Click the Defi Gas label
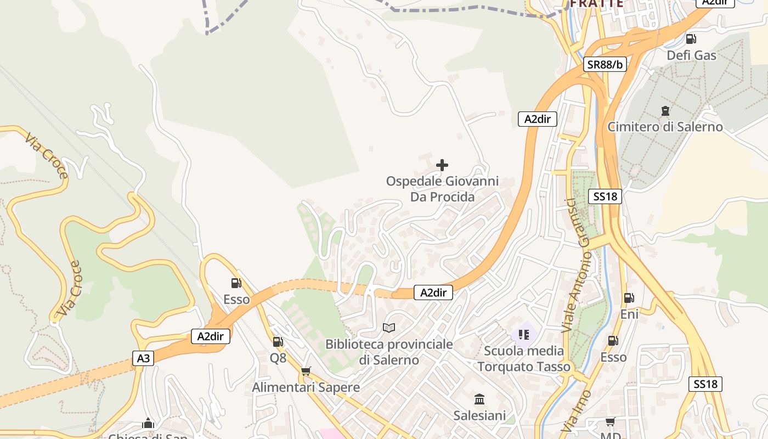[691, 55]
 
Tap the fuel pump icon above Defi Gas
[691, 39]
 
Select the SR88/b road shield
[605, 64]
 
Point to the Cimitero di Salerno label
[665, 127]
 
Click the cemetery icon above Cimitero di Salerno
[665, 111]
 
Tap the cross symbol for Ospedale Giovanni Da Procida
[442, 165]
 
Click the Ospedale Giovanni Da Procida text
[442, 189]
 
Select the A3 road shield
[143, 358]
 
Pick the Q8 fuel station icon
[278, 342]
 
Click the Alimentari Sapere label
[306, 387]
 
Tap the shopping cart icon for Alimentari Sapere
[306, 372]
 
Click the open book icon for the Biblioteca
[389, 328]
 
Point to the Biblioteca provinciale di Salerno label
[389, 352]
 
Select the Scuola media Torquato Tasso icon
[523, 334]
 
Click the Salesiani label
[479, 415]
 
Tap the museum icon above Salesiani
[479, 399]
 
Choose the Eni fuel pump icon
[629, 298]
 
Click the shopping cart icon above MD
[610, 422]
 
